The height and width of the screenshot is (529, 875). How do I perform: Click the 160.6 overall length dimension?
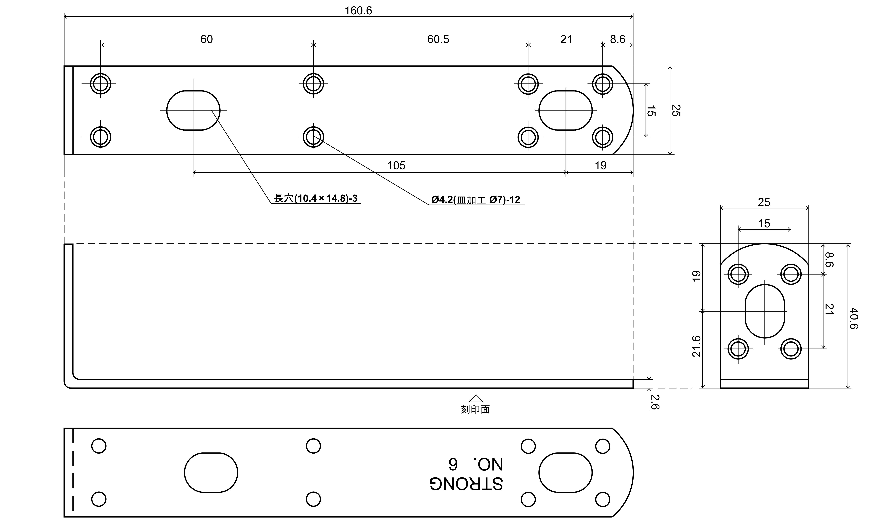tap(358, 11)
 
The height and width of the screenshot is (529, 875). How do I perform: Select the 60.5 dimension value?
tap(438, 39)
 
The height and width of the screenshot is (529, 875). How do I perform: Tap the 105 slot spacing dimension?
tap(396, 165)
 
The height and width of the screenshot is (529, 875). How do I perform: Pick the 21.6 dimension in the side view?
tap(696, 346)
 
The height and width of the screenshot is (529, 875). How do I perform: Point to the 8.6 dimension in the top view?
tap(618, 39)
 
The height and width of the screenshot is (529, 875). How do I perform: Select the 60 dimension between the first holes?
tap(207, 39)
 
